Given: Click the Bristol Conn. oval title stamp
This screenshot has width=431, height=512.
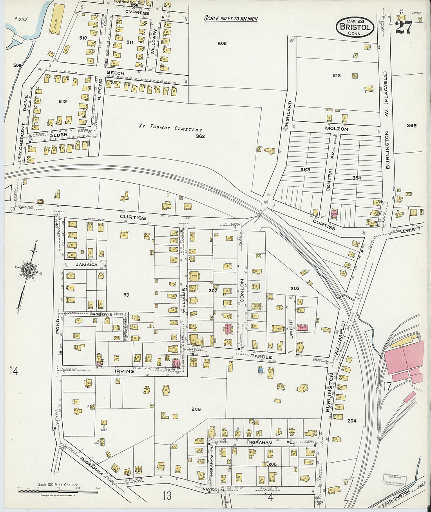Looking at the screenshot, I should [x=355, y=27].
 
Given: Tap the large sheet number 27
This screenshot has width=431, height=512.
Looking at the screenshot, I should [x=403, y=27].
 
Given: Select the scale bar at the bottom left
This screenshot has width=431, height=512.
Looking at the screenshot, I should [x=58, y=491].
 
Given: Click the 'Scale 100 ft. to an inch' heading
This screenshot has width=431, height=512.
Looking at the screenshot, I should [x=231, y=18].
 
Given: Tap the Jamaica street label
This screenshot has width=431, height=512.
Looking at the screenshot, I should [x=86, y=264].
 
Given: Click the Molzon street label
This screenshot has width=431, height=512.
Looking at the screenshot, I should [x=336, y=129].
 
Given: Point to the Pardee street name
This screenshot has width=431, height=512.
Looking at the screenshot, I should [x=261, y=357].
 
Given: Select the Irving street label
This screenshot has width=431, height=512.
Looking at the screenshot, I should [x=124, y=371].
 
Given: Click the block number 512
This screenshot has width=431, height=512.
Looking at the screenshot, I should [x=63, y=102].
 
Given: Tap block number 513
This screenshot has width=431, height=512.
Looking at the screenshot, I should [x=336, y=75].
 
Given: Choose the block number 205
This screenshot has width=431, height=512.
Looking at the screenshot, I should [x=196, y=409].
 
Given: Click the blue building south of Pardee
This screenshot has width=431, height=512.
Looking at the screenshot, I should [x=260, y=370].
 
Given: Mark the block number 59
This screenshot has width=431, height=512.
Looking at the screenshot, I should [x=126, y=295].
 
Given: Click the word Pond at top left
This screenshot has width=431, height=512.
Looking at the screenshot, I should [x=21, y=19].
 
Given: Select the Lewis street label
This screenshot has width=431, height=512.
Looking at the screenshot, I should [x=407, y=231].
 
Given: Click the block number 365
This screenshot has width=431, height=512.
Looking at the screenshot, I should [x=411, y=126].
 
